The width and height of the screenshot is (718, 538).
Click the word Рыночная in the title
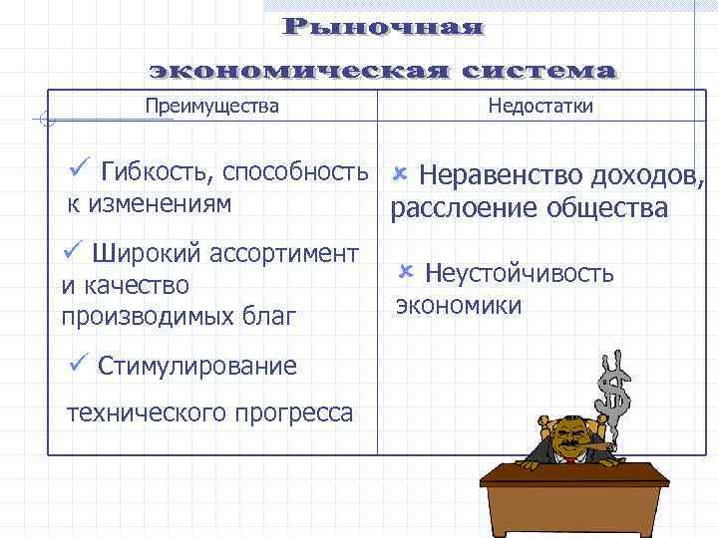384,27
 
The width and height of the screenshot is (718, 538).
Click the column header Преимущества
211,106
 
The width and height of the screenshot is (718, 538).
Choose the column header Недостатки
540,106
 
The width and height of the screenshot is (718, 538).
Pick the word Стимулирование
197,367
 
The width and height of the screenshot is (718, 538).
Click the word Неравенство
500,175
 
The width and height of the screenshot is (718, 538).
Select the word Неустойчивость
520,274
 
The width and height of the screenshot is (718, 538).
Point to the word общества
607,208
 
